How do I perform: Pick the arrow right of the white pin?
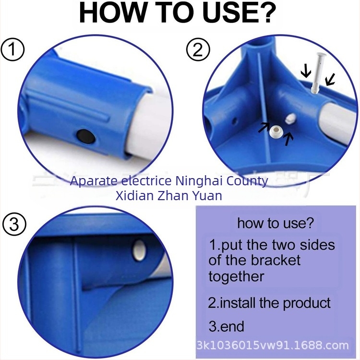click(x=330, y=79)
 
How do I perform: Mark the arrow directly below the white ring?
click(x=288, y=140)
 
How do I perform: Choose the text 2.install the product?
click(x=269, y=303)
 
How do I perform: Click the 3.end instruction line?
click(x=227, y=327)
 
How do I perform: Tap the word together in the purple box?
click(x=236, y=276)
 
